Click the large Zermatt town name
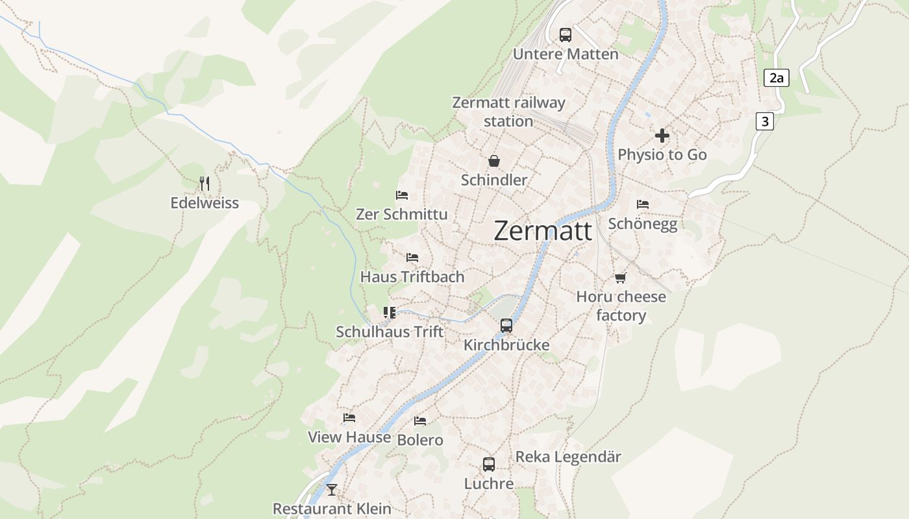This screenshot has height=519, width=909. point(543,231)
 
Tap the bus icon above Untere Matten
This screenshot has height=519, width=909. point(565,34)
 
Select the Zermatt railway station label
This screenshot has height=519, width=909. point(508,112)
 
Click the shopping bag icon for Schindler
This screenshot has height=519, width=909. point(494,160)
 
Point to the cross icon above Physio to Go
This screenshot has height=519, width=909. point(662,136)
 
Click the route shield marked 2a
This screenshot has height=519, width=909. point(776,78)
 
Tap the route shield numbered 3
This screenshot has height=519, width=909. point(765,121)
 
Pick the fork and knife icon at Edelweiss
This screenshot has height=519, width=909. point(205,184)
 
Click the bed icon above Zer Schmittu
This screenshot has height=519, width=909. point(402,195)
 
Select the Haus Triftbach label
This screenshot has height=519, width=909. point(412,277)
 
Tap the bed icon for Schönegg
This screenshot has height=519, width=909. point(643,204)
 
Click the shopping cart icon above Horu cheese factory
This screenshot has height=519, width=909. point(621,278)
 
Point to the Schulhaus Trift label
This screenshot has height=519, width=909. point(390,332)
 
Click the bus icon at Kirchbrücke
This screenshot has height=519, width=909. point(506,326)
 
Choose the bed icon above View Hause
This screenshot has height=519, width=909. point(349,418)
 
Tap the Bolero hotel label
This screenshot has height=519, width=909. point(420,440)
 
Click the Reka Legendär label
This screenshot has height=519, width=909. point(568,457)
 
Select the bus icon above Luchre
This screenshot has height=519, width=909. point(489,465)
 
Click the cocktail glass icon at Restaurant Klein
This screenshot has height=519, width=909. point(332,490)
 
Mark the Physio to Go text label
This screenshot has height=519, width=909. point(662,155)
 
